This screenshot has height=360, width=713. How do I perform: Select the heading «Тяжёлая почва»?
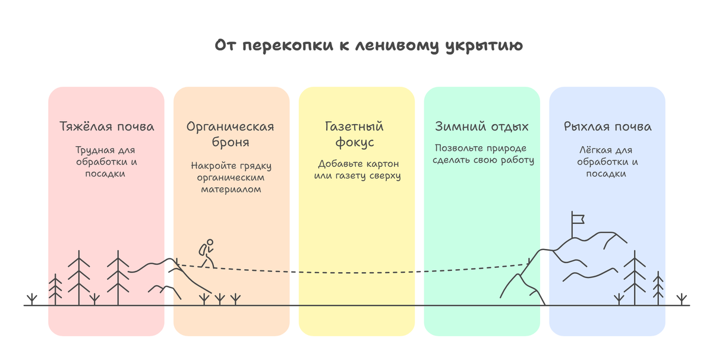point(107,127)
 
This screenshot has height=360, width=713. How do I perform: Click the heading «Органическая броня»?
point(230,134)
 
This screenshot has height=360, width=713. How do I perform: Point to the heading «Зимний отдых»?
point(481,127)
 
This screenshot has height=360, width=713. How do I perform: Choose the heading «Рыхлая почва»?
point(607,127)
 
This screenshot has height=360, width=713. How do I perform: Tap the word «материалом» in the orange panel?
point(231,190)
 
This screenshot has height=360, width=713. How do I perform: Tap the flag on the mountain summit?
point(577,219)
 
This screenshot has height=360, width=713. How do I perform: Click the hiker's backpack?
point(203,250)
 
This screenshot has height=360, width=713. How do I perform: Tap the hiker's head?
point(210,242)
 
